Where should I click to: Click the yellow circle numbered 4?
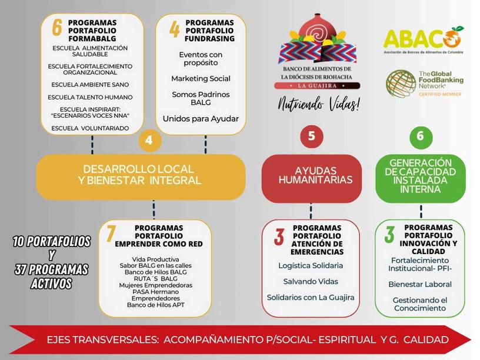pos(149,141)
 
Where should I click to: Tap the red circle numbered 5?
pos(311,136)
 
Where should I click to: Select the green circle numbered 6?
pos(419,136)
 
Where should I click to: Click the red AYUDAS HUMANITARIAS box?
pos(311,175)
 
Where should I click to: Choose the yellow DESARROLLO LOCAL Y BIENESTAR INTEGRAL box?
pos(141,175)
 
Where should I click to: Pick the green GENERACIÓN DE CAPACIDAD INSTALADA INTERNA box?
pos(420,175)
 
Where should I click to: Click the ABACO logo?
pos(423,39)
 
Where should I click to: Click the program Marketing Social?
pos(201,78)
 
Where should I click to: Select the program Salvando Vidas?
pos(311,281)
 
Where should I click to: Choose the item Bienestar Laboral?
pos(419,284)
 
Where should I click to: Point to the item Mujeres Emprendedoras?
pos(155,284)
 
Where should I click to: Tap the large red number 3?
pos(279,237)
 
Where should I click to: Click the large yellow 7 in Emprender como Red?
pos(111,233)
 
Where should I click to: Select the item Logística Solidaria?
pos(311,265)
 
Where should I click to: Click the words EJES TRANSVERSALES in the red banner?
pos(103,340)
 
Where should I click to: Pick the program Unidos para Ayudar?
pos(201,119)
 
